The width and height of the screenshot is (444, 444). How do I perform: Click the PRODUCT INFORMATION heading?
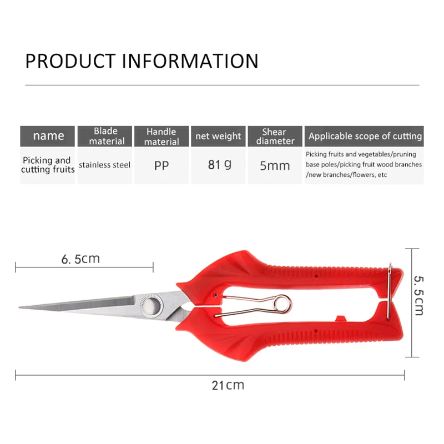tap(142, 60)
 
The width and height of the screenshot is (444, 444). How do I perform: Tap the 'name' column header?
tap(48, 136)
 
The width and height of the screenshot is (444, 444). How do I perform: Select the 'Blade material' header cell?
tap(105, 136)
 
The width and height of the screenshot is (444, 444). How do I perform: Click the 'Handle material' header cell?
tap(162, 136)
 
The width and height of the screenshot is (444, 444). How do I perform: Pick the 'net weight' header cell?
tap(218, 136)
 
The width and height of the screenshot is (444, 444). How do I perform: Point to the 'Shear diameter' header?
tap(275, 136)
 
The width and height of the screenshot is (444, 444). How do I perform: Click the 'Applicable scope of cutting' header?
tap(365, 136)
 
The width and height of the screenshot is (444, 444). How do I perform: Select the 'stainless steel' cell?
tap(104, 165)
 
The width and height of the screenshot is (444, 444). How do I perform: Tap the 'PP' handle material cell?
tap(162, 165)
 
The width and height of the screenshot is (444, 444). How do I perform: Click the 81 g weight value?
tap(219, 165)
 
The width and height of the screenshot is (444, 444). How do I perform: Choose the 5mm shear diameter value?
tap(275, 165)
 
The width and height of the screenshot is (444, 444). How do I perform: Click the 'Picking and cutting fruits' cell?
tap(48, 165)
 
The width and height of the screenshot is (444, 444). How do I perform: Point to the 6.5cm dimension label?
tap(80, 259)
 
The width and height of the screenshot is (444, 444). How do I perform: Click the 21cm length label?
tap(228, 385)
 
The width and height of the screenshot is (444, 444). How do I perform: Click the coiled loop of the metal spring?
tap(282, 302)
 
